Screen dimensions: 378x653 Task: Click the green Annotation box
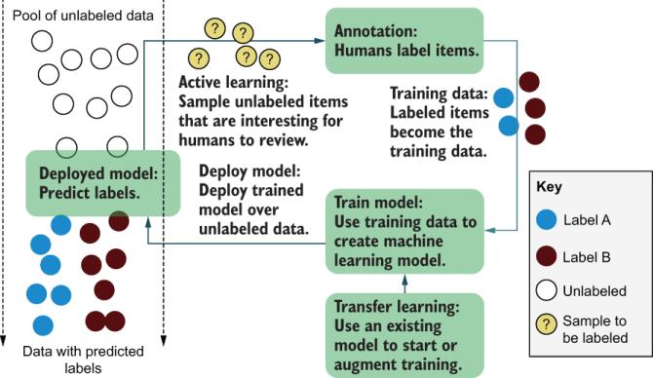403,40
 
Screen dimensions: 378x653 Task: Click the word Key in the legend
553,186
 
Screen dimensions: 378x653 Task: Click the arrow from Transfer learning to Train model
403,283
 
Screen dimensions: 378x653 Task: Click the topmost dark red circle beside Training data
529,83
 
